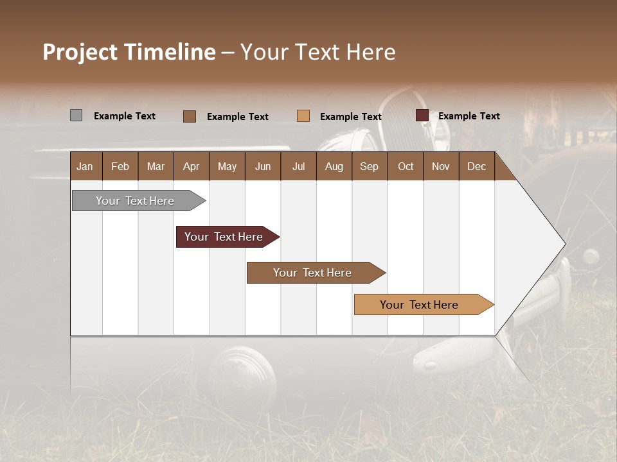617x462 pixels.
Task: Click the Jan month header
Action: click(85, 166)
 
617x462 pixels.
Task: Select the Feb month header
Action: click(120, 166)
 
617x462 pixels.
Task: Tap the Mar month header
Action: click(156, 166)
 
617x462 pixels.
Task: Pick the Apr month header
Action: click(191, 166)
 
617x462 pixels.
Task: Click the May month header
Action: click(227, 166)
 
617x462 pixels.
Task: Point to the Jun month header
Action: click(263, 166)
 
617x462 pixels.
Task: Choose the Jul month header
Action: click(298, 166)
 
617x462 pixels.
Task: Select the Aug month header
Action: click(334, 166)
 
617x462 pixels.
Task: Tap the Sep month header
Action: click(369, 166)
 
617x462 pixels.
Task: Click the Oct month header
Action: click(406, 166)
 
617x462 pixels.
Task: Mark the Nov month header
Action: click(441, 166)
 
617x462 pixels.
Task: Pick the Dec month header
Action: click(476, 166)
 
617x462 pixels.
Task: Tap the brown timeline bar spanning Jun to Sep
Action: click(313, 273)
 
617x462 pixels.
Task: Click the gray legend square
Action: click(76, 116)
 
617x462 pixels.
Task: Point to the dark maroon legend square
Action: click(422, 116)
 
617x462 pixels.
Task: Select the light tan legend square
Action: click(303, 116)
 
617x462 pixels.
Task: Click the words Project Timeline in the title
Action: click(129, 52)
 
